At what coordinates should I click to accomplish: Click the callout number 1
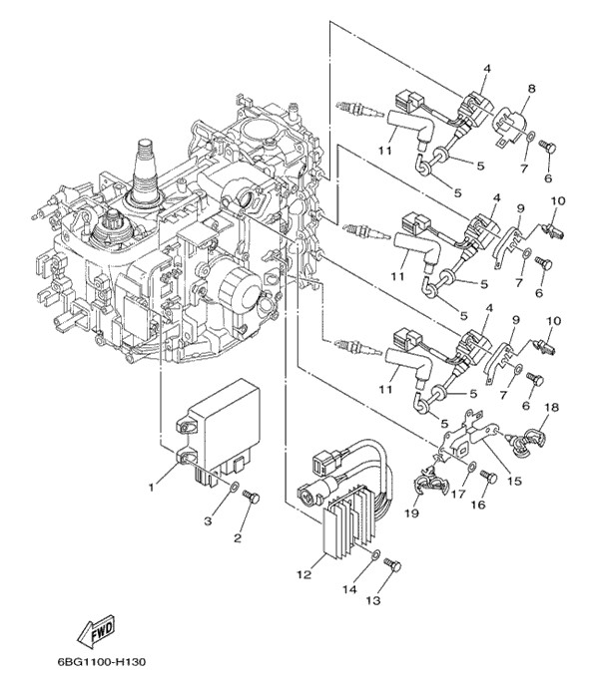(x=151, y=487)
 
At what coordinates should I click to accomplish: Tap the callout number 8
(x=530, y=89)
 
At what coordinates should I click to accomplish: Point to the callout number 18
(x=552, y=409)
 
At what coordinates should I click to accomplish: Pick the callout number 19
(x=412, y=514)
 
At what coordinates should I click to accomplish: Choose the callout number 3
(x=210, y=520)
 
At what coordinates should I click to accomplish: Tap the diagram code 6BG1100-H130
(x=88, y=663)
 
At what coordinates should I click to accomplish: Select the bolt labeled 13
(x=392, y=565)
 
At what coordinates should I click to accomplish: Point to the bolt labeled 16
(x=489, y=477)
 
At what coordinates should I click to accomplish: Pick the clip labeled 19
(x=430, y=487)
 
